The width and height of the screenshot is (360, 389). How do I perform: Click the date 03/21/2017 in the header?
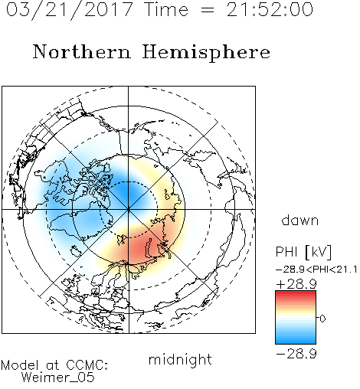point(69,10)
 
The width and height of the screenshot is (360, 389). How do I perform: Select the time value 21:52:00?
point(270,10)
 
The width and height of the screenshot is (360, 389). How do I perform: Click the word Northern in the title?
point(82,51)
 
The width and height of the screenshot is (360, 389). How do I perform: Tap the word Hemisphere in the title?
point(206,53)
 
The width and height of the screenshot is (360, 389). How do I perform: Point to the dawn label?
point(300,221)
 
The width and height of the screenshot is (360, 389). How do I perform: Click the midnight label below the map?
point(180,359)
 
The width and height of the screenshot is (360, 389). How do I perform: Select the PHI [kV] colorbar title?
point(303,252)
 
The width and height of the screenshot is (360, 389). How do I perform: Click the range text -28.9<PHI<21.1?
point(316,270)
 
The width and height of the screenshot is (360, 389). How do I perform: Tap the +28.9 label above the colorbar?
point(296,284)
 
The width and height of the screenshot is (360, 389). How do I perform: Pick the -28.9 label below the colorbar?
point(296,354)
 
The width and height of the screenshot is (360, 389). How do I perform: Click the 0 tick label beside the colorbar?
point(322,319)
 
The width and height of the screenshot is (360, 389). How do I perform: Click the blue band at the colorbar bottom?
point(296,341)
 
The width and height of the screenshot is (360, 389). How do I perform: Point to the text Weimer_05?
point(58,378)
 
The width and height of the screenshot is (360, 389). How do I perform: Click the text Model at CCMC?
point(54,365)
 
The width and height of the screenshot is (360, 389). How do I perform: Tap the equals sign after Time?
point(207,10)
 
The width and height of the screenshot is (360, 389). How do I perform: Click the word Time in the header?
point(166,10)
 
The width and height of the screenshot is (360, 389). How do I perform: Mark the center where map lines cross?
point(129,210)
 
